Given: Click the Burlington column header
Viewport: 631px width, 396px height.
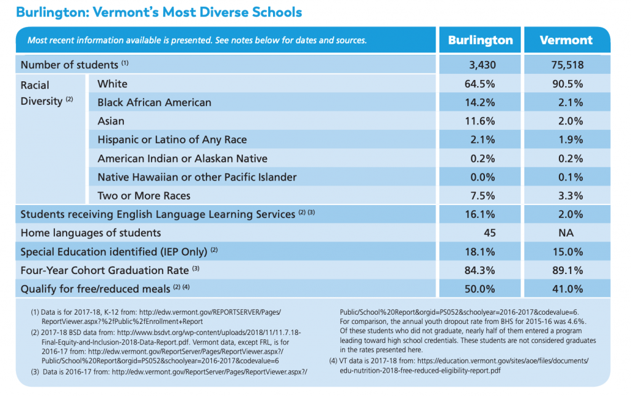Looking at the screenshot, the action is [x=480, y=40].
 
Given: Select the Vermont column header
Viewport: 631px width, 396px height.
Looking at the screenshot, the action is [x=566, y=40].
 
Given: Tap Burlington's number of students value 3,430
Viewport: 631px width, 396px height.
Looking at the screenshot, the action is [x=482, y=65].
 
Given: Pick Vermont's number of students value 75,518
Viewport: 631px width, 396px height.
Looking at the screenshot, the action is [x=568, y=65].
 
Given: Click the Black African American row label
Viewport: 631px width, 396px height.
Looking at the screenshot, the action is [x=154, y=102].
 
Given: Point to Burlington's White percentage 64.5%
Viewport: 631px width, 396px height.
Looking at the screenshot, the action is [x=479, y=84].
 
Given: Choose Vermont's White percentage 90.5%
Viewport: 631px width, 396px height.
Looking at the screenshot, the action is [x=568, y=84].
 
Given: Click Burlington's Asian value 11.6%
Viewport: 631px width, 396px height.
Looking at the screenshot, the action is [x=479, y=121].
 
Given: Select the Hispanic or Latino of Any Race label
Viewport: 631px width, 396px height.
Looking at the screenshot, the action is [x=172, y=140].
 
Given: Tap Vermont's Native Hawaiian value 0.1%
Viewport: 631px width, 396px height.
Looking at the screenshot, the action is [x=571, y=177].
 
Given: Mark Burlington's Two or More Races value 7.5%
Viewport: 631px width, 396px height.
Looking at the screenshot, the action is [x=482, y=196].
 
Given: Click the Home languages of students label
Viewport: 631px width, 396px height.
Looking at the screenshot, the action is [x=91, y=233].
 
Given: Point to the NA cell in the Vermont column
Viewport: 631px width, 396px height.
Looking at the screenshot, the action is [x=566, y=233].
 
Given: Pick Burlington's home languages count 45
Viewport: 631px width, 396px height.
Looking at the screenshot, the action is [x=489, y=233].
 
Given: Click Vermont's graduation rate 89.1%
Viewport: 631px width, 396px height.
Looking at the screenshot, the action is [x=568, y=270].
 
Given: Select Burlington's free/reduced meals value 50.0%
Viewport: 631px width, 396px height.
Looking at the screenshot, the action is [x=479, y=289].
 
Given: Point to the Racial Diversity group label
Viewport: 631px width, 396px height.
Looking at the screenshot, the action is [x=47, y=93].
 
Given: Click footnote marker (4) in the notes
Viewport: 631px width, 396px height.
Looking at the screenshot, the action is [x=333, y=361].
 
